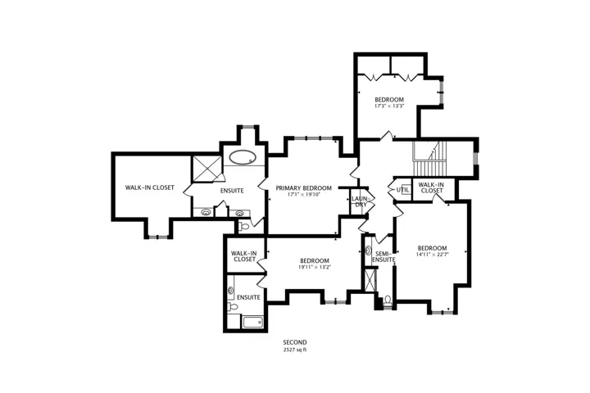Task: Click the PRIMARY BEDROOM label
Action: coord(304,188)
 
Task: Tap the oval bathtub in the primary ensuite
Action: coord(243,157)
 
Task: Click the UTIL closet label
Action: coord(402,190)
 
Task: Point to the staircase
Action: coord(429,159)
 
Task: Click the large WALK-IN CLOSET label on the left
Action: coord(150,187)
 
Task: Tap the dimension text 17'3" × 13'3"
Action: coord(389,106)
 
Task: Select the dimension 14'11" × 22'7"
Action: coord(433,255)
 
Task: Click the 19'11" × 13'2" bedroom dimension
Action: coord(315,267)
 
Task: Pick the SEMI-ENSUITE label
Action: coord(383,256)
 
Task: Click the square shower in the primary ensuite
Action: coord(207,169)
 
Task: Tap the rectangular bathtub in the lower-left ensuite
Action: coord(253,323)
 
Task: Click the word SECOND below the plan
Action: coord(295,342)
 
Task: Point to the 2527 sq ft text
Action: coord(295,350)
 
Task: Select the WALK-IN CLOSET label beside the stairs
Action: coord(431,187)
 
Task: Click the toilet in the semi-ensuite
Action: coord(388,300)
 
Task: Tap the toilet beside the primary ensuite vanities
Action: coord(244,227)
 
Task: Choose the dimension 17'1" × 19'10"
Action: coord(304,195)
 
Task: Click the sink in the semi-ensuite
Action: coord(368,250)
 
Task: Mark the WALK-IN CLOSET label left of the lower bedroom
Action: coord(244,256)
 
